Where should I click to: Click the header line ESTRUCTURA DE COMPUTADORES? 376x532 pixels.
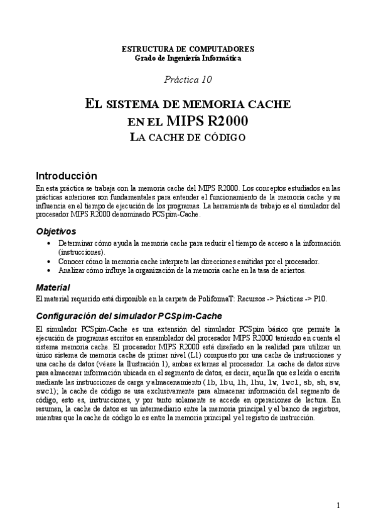(x=188, y=49)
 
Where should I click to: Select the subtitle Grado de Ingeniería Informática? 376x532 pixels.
(x=188, y=58)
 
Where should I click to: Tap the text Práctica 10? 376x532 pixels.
(x=188, y=80)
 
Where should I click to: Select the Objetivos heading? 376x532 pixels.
(x=56, y=231)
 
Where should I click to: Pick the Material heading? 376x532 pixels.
(x=53, y=287)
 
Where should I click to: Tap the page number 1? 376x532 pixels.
(x=338, y=506)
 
